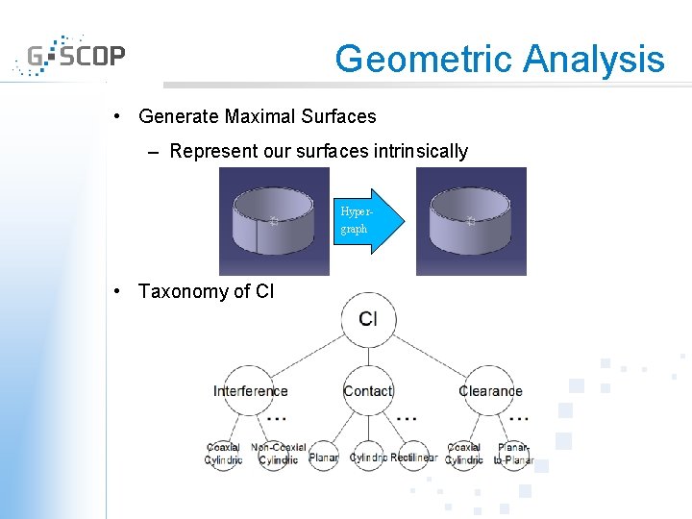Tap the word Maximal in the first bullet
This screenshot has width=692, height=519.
261,116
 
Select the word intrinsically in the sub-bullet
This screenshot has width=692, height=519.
415,151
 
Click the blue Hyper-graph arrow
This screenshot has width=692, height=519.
365,221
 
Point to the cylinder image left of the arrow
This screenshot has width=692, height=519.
274,221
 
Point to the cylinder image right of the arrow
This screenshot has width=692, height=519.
471,221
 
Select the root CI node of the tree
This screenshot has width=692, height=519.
368,319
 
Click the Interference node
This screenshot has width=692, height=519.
250,390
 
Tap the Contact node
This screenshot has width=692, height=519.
368,390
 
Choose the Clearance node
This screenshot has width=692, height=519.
490,390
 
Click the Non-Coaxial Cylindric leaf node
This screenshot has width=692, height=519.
279,454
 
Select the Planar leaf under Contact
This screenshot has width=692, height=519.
324,457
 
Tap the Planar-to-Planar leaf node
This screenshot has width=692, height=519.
512,454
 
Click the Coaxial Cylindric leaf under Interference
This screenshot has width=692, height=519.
224,454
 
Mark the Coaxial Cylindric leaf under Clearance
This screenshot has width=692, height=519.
464,454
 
